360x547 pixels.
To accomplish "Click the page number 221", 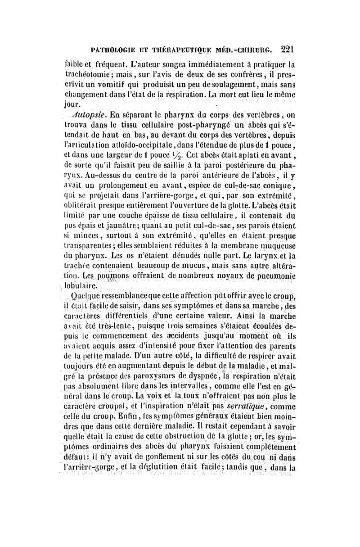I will tap(286, 48).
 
